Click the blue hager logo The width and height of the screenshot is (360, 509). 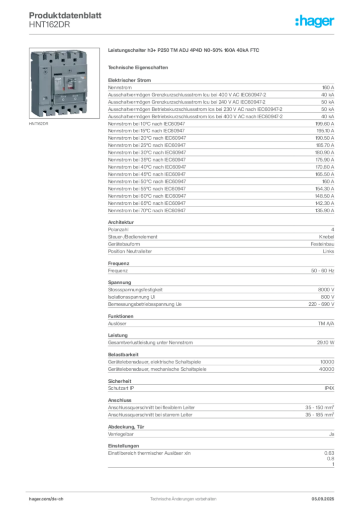315,21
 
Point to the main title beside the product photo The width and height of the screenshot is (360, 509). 184,51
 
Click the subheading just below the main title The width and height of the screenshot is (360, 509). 139,67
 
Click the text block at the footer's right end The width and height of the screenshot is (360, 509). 326,496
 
